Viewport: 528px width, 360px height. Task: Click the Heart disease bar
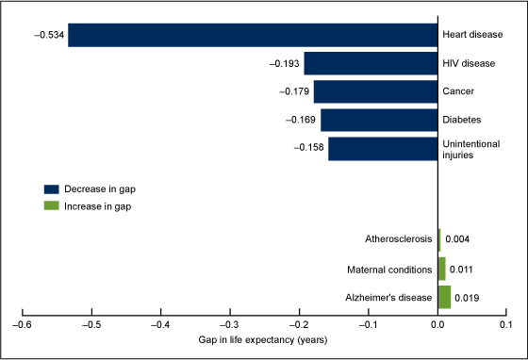[253, 35]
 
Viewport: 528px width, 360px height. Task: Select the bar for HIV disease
[371, 63]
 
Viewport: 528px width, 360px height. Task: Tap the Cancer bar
[375, 91]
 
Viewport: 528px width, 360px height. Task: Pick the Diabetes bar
[379, 120]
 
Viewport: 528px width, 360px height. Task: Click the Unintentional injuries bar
[383, 149]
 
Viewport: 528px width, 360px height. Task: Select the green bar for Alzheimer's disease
[444, 298]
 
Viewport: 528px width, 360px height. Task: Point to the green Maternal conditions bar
[441, 269]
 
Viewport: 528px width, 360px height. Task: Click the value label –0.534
[49, 35]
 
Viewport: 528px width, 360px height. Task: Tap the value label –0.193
[285, 63]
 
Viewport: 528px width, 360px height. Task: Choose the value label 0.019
[467, 298]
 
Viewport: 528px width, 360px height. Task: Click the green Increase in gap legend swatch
[51, 205]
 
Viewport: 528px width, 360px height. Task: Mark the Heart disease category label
[471, 35]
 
